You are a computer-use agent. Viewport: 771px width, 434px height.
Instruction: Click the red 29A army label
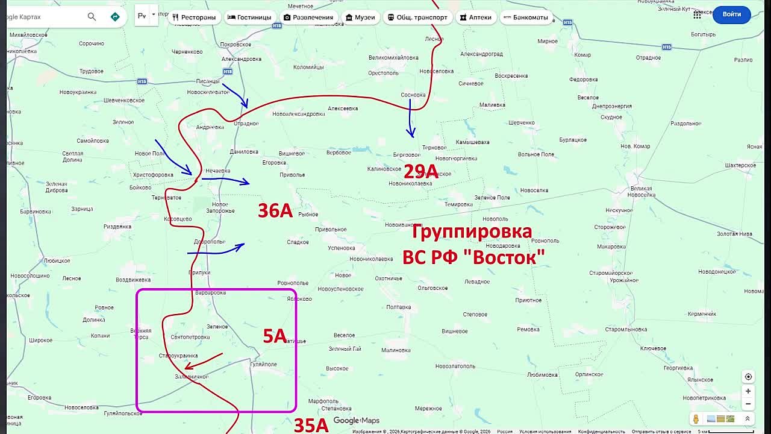click(420, 172)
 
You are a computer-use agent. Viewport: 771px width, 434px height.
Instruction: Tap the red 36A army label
click(275, 210)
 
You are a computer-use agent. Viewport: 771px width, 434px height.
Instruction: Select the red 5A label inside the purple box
click(275, 336)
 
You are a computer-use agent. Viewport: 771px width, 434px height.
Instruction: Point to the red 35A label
click(311, 426)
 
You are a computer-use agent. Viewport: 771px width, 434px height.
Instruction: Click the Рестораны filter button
click(194, 17)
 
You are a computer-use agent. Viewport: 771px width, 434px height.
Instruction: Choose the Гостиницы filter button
click(249, 17)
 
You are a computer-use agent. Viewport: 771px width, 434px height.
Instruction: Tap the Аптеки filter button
click(475, 17)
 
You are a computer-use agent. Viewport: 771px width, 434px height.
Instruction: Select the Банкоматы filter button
click(525, 17)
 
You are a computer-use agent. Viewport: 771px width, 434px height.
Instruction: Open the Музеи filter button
click(360, 17)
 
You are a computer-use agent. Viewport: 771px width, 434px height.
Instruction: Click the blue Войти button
click(731, 14)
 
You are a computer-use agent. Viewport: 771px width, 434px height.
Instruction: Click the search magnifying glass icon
click(92, 17)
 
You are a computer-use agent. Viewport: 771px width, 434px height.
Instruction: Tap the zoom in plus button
click(748, 391)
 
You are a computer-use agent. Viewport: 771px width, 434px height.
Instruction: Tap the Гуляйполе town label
click(263, 364)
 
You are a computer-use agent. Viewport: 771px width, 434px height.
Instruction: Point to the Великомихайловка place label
click(393, 58)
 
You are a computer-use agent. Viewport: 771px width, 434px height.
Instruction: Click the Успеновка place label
click(342, 248)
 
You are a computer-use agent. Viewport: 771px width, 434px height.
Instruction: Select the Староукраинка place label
click(178, 356)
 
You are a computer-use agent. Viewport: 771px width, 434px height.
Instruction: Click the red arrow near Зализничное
click(204, 360)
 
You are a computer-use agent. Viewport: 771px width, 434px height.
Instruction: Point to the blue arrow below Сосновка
click(410, 118)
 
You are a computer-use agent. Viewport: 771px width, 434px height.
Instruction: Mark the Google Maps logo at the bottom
click(356, 421)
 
